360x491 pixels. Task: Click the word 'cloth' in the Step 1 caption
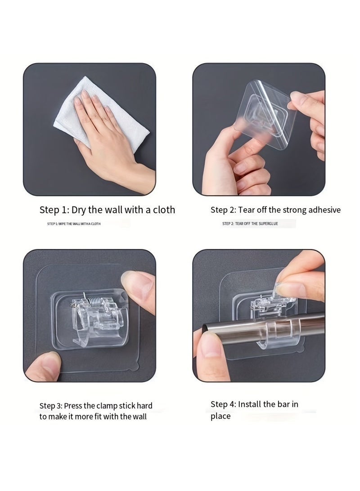click(164, 209)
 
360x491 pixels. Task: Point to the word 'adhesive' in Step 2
click(324, 209)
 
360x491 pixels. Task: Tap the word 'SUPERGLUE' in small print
click(268, 224)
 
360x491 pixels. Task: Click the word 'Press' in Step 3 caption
click(73, 405)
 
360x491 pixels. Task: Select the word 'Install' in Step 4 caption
click(249, 404)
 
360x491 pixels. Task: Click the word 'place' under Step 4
click(220, 416)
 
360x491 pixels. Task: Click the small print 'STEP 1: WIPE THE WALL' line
click(74, 224)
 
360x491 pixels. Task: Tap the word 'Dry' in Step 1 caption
click(79, 210)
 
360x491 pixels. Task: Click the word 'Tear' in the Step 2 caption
click(247, 209)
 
